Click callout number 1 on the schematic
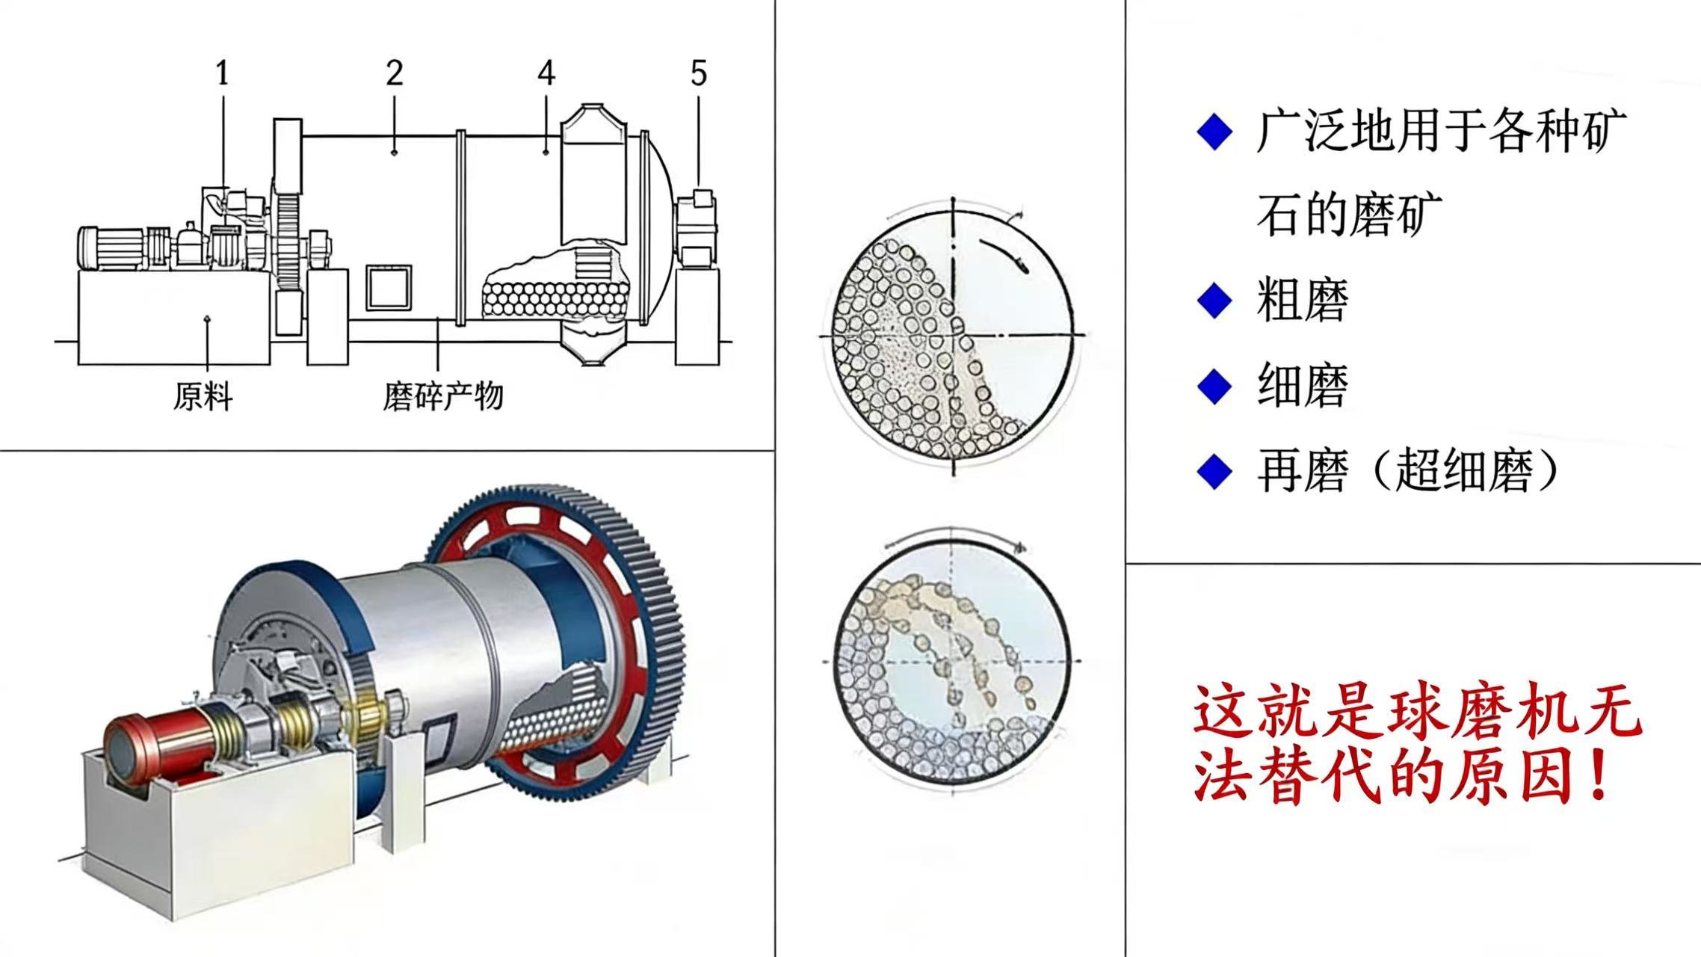(x=222, y=73)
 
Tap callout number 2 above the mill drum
(x=395, y=73)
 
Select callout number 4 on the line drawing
(x=546, y=73)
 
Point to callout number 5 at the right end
(x=699, y=73)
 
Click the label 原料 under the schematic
(x=203, y=396)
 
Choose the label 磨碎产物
(x=443, y=396)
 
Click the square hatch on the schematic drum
(x=389, y=287)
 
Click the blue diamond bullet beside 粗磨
(x=1214, y=301)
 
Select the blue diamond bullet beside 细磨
(x=1214, y=386)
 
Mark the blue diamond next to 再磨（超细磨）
(x=1214, y=472)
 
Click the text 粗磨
(x=1303, y=301)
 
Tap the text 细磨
(x=1303, y=386)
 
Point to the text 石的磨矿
(x=1349, y=215)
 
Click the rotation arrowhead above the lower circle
(x=1018, y=547)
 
